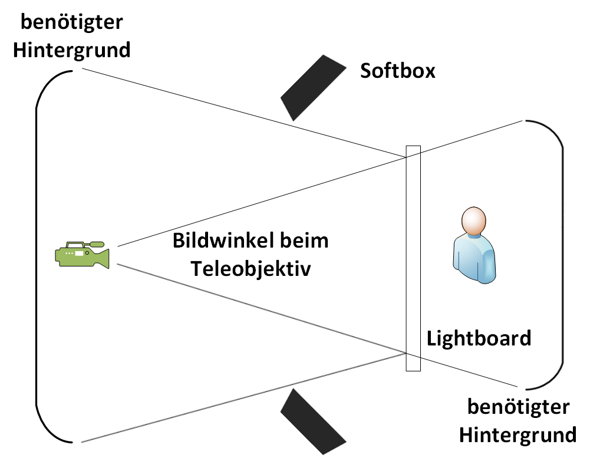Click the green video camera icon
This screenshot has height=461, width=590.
[x=82, y=255]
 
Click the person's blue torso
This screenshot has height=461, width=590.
[x=474, y=259]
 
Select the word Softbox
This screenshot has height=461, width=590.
[x=398, y=71]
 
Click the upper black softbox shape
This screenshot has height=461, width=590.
[x=313, y=87]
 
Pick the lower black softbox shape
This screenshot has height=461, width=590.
[x=313, y=422]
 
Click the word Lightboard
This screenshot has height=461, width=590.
[x=479, y=338]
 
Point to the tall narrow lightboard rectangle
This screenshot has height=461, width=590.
[x=413, y=259]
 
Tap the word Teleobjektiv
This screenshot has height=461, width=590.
[x=250, y=269]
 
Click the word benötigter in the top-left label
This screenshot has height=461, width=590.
[x=71, y=22]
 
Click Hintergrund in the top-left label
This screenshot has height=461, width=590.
[x=71, y=50]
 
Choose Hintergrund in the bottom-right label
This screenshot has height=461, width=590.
[x=518, y=435]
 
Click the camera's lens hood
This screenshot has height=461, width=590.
[x=103, y=258]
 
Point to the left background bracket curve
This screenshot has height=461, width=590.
[x=37, y=256]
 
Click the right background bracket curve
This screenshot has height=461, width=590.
[x=563, y=256]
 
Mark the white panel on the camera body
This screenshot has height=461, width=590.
[x=79, y=253]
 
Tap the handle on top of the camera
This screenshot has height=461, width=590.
[x=85, y=244]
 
